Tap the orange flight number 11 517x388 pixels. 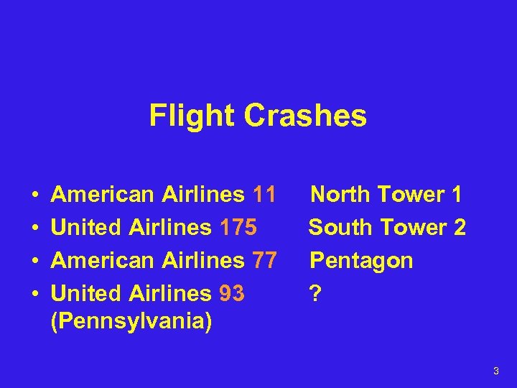[x=264, y=195]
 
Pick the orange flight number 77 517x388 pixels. [x=264, y=260]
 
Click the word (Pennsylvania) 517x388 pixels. [x=131, y=321]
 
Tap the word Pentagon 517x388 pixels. [x=360, y=261]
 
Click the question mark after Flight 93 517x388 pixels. [x=314, y=293]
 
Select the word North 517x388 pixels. [x=340, y=195]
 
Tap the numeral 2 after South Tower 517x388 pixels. [x=460, y=228]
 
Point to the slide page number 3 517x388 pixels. [x=495, y=371]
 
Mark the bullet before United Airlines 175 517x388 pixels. [x=34, y=228]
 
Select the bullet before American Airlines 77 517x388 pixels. [x=34, y=261]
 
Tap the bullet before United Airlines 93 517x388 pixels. [x=34, y=294]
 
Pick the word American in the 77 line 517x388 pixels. [x=103, y=260]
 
